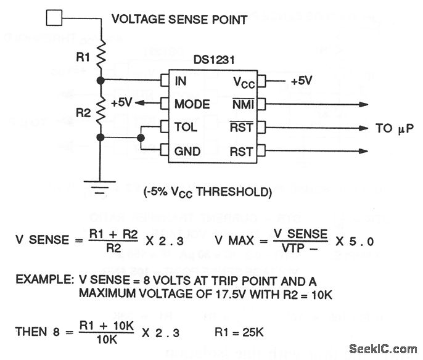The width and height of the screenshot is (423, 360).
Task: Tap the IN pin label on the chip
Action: pos(181,81)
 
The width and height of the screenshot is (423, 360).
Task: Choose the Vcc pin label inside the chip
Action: pos(240,81)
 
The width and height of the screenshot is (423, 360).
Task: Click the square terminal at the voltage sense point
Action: pos(55,18)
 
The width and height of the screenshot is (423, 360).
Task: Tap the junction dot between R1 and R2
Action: pos(101,80)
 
